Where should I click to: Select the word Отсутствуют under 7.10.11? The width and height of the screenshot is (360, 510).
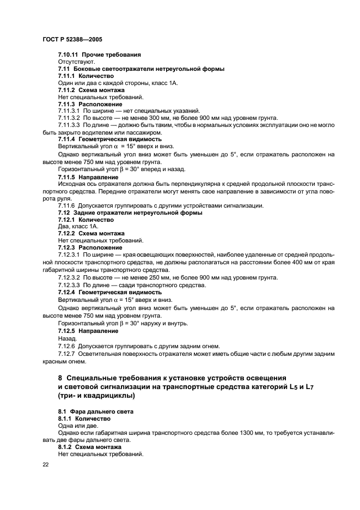[76, 62]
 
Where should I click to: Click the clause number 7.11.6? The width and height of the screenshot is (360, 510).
[68, 205]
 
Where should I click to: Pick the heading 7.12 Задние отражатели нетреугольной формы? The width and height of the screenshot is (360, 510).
[130, 212]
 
